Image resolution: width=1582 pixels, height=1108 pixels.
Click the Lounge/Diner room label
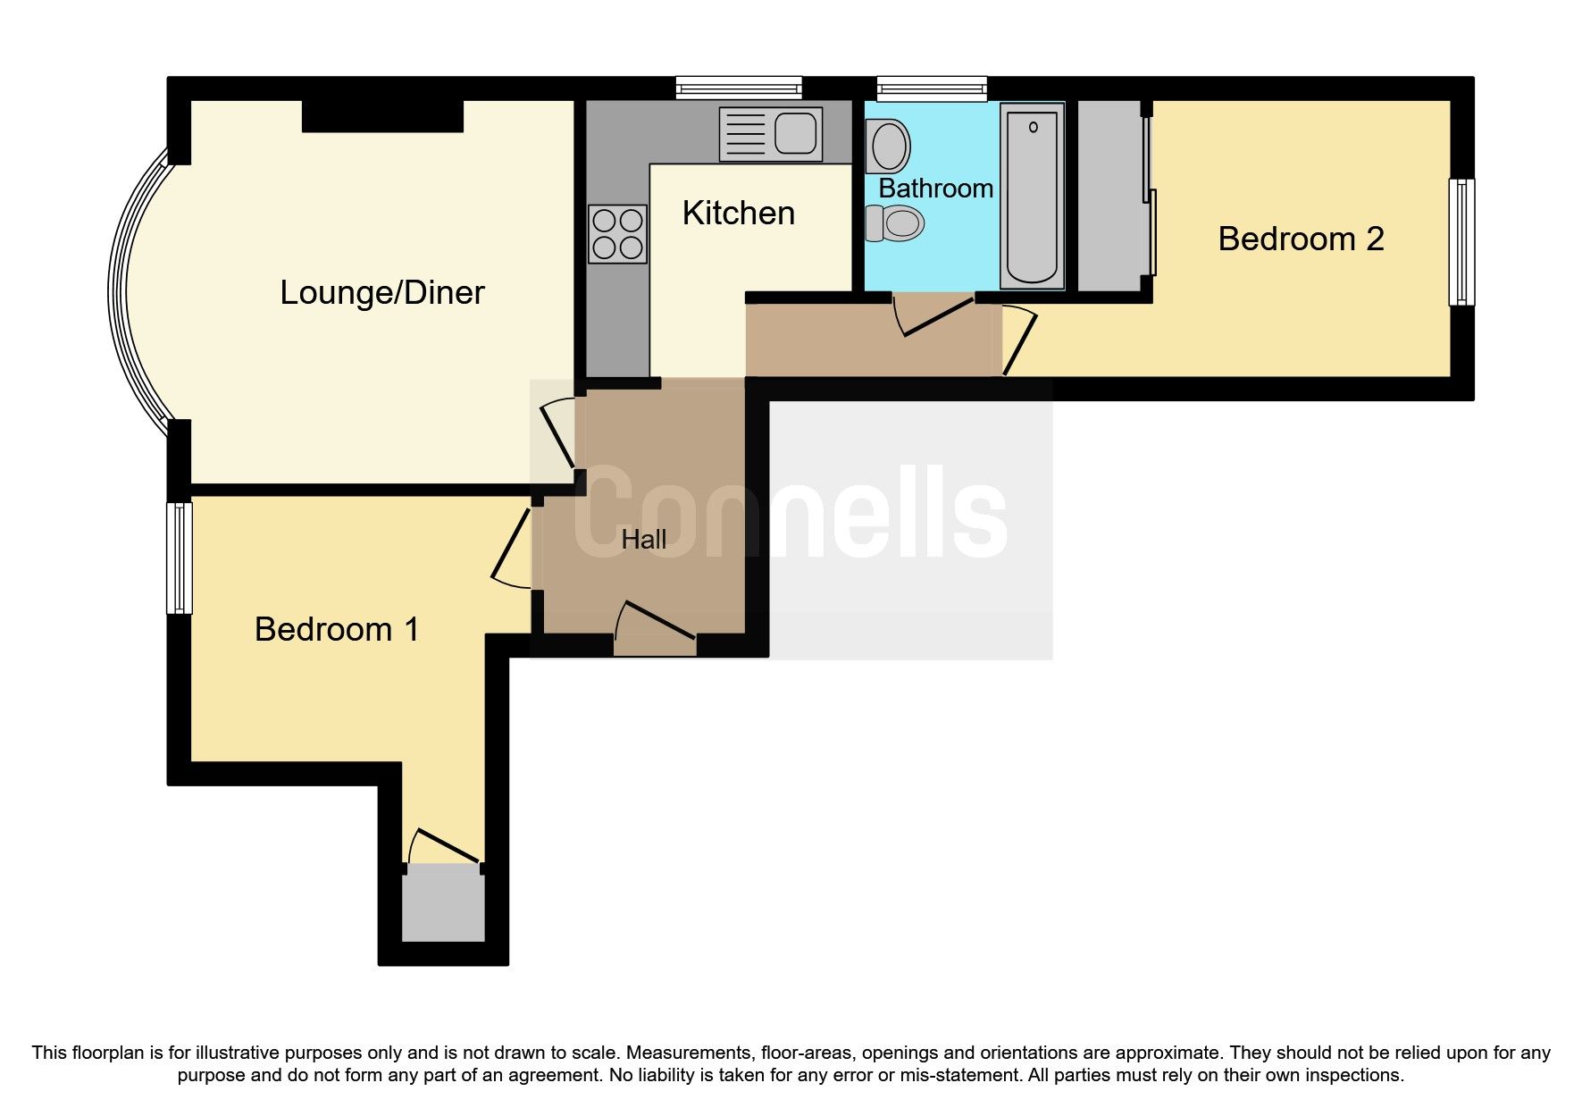click(381, 293)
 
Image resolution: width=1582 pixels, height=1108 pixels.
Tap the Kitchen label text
click(738, 214)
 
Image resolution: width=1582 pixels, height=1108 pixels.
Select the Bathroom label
click(935, 189)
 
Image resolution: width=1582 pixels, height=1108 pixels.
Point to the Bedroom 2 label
click(1300, 239)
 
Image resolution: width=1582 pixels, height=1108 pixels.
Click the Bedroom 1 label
click(336, 630)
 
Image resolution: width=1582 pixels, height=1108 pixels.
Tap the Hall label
click(643, 540)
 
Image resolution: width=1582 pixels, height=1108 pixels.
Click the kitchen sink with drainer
click(770, 135)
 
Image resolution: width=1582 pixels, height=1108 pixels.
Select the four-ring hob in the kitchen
click(617, 234)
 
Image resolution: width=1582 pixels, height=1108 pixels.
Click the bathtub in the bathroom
click(1032, 196)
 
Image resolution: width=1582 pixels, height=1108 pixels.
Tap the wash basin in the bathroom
click(888, 145)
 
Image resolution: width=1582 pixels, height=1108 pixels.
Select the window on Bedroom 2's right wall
click(1461, 241)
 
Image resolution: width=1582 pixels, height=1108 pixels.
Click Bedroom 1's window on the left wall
click(180, 558)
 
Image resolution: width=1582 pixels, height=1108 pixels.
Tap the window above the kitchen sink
click(739, 88)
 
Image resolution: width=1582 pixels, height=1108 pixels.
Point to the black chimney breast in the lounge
click(382, 116)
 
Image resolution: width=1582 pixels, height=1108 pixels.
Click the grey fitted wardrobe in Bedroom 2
click(1110, 196)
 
